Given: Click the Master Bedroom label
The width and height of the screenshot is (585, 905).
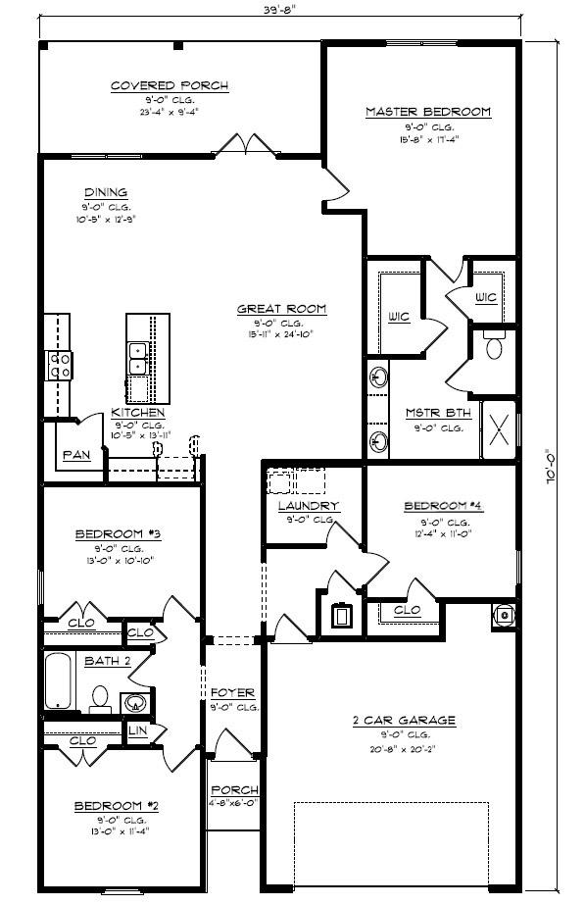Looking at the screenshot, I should pyautogui.click(x=427, y=112).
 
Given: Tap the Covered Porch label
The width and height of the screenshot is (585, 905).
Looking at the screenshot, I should pyautogui.click(x=169, y=86).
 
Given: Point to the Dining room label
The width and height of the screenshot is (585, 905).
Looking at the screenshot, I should pyautogui.click(x=105, y=192).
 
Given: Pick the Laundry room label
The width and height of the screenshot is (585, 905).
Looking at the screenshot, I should pyautogui.click(x=308, y=506).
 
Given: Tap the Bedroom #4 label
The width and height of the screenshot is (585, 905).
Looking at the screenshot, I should pyautogui.click(x=443, y=506).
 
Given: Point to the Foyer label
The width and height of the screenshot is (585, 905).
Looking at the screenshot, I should pyautogui.click(x=233, y=692).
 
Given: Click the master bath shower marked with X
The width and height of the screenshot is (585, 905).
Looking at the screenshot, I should pyautogui.click(x=498, y=430).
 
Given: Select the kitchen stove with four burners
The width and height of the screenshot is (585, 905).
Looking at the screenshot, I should pyautogui.click(x=58, y=365).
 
